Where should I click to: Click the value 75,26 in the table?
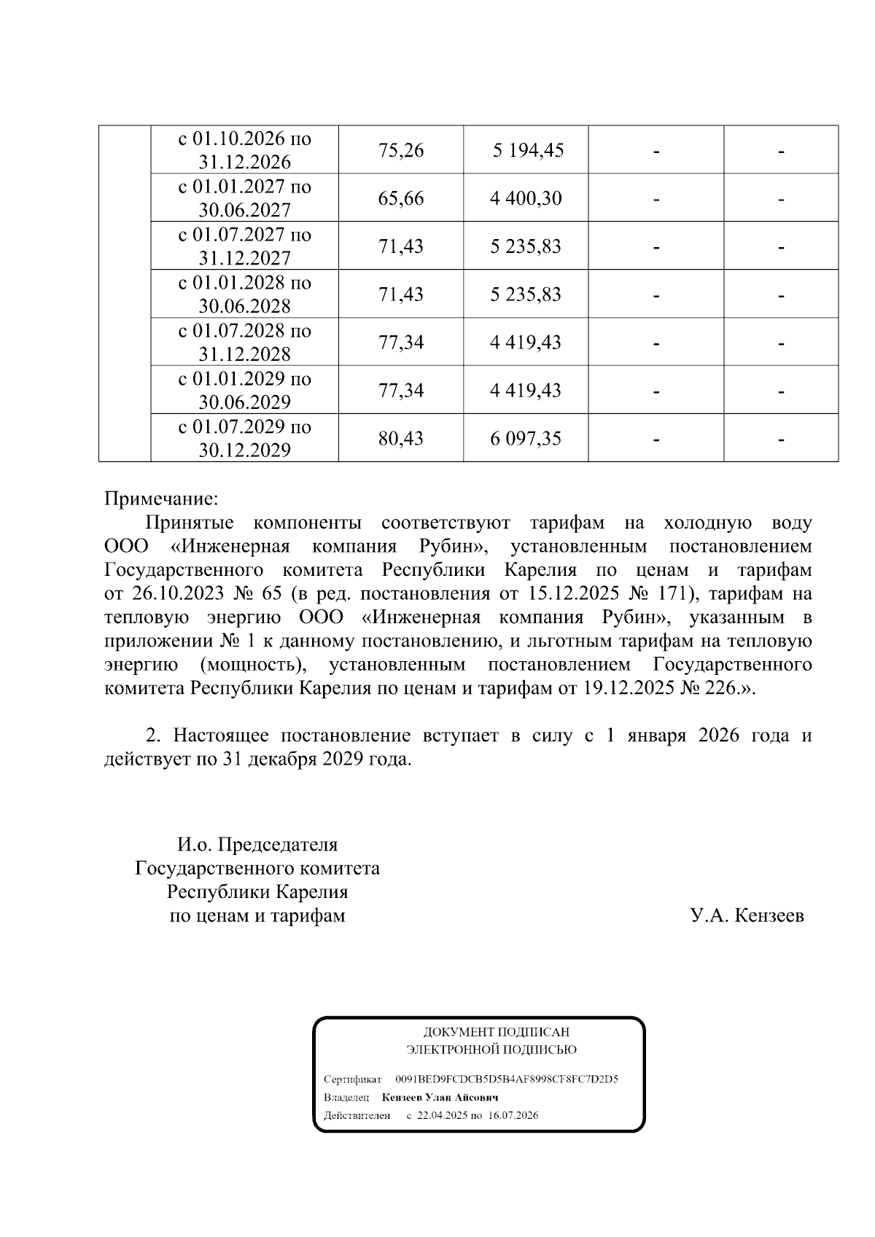tap(400, 150)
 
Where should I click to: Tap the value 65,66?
tap(400, 198)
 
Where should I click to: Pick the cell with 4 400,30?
tap(526, 198)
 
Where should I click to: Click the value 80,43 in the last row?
tap(400, 439)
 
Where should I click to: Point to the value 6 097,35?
tap(526, 439)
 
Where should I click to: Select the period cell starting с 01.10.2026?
tap(244, 149)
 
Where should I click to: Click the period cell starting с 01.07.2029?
tap(244, 438)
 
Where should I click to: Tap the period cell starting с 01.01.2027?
tap(244, 198)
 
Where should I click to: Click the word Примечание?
tap(161, 499)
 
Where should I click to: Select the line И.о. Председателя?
tap(257, 845)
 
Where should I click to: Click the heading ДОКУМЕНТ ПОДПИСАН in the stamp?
tap(496, 1032)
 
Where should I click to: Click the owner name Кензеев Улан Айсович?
tap(444, 1097)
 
